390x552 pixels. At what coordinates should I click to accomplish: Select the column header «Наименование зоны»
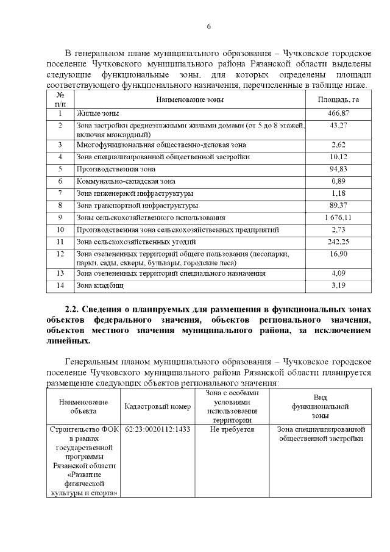coord(190,99)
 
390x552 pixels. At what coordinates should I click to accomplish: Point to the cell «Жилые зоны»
coord(97,113)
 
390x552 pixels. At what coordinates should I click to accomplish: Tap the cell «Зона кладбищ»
coord(100,285)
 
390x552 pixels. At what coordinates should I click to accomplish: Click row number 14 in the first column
coord(60,285)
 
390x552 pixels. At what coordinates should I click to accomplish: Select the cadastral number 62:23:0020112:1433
coord(157,429)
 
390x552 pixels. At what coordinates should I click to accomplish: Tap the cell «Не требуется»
coord(232,429)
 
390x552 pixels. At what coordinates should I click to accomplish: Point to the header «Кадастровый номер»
coord(157,406)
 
